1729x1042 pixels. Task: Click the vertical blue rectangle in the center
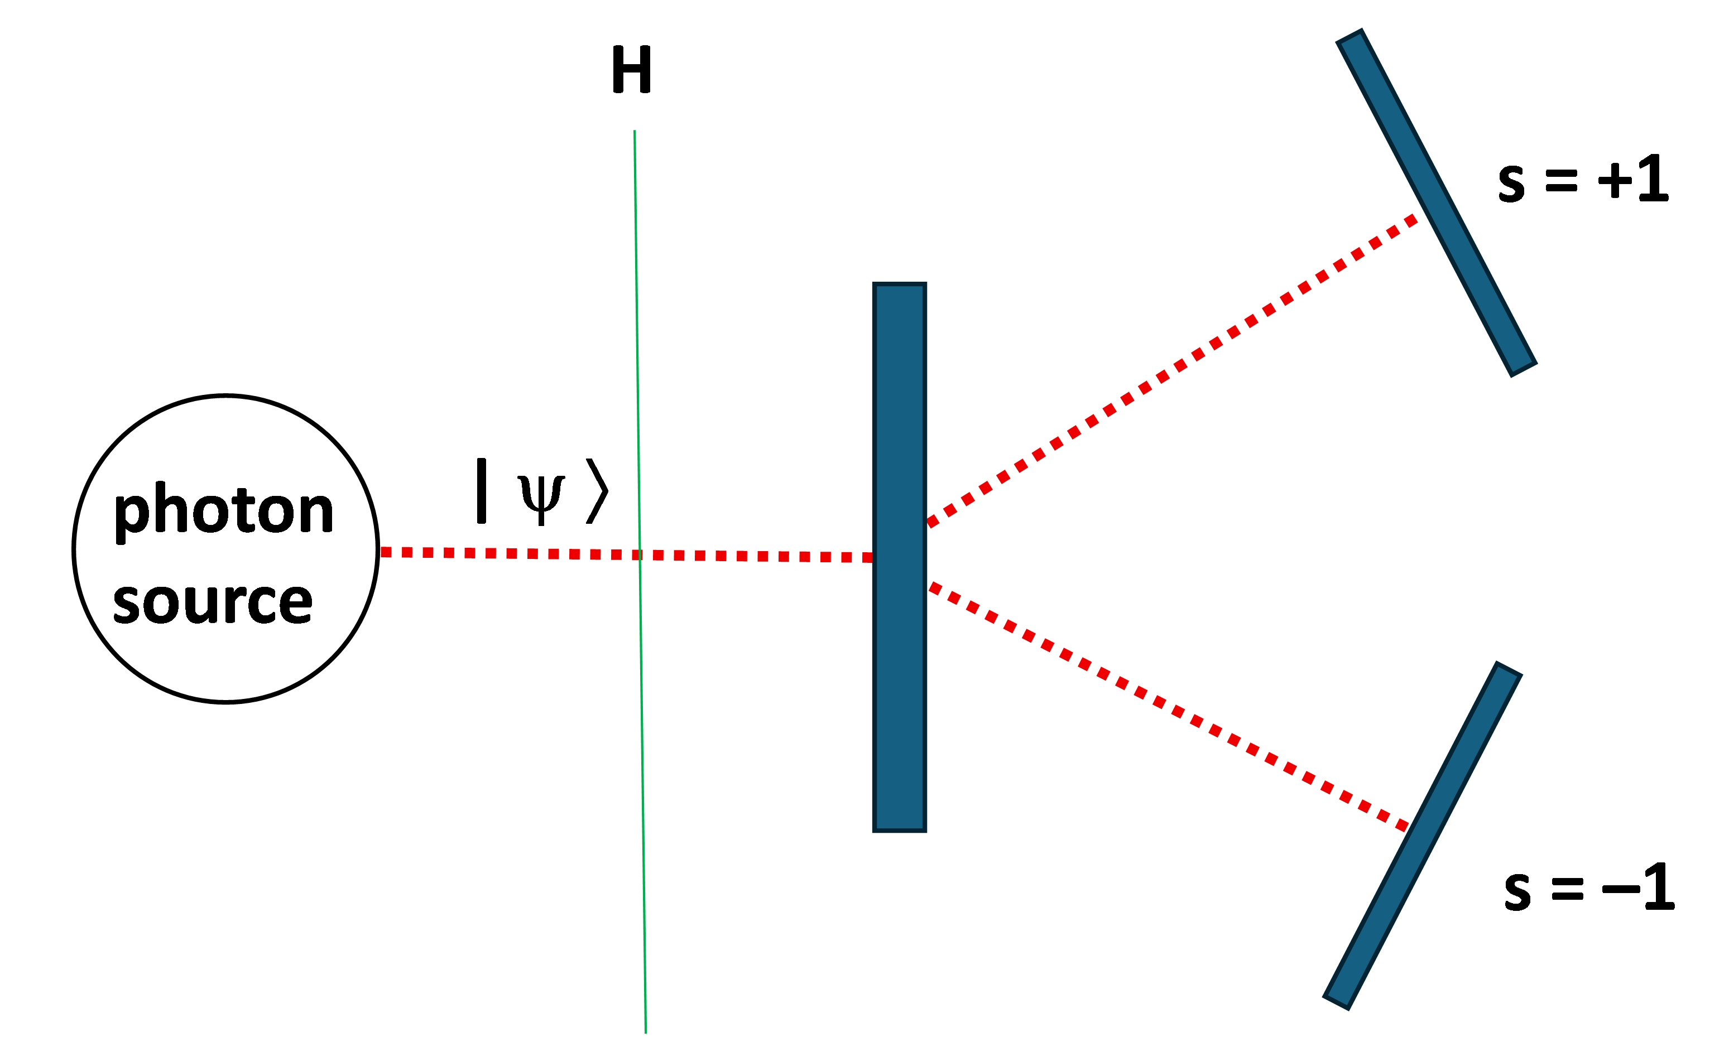pos(899,557)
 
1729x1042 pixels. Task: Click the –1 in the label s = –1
pos(1638,887)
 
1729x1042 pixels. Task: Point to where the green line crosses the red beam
pos(639,554)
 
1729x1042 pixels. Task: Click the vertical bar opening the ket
pos(482,491)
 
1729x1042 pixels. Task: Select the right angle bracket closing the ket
pos(597,491)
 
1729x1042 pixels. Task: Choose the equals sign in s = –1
pos(1568,889)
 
